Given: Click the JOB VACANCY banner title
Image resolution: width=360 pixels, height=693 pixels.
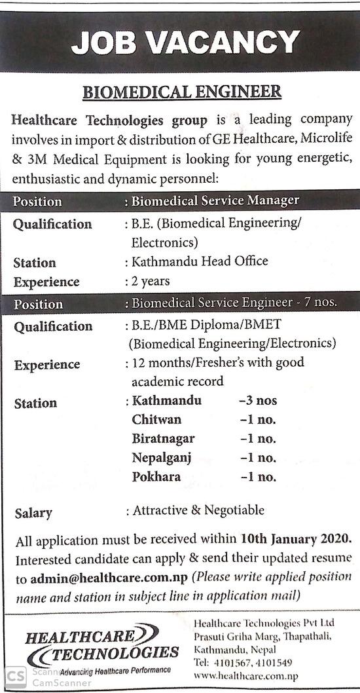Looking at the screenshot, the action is click(185, 43).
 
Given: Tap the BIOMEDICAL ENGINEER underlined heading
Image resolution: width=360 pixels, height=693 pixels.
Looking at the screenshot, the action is click(182, 91).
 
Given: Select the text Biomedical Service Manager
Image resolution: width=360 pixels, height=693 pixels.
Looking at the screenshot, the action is click(215, 200).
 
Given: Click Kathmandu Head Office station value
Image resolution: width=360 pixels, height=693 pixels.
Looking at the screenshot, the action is click(200, 261).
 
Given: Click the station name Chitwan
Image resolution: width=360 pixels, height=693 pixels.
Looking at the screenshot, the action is click(156, 419).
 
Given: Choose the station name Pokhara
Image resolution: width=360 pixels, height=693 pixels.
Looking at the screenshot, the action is click(156, 477).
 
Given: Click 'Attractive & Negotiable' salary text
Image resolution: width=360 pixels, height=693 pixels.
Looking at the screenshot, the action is click(198, 510).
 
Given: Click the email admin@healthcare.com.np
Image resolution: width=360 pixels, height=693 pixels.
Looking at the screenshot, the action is click(109, 579).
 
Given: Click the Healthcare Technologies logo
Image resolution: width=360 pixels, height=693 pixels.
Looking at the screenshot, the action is click(101, 647).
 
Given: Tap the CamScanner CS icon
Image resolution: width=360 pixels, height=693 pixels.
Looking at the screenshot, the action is click(15, 677).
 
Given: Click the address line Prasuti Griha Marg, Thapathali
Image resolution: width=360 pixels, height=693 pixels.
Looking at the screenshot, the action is click(263, 636).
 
